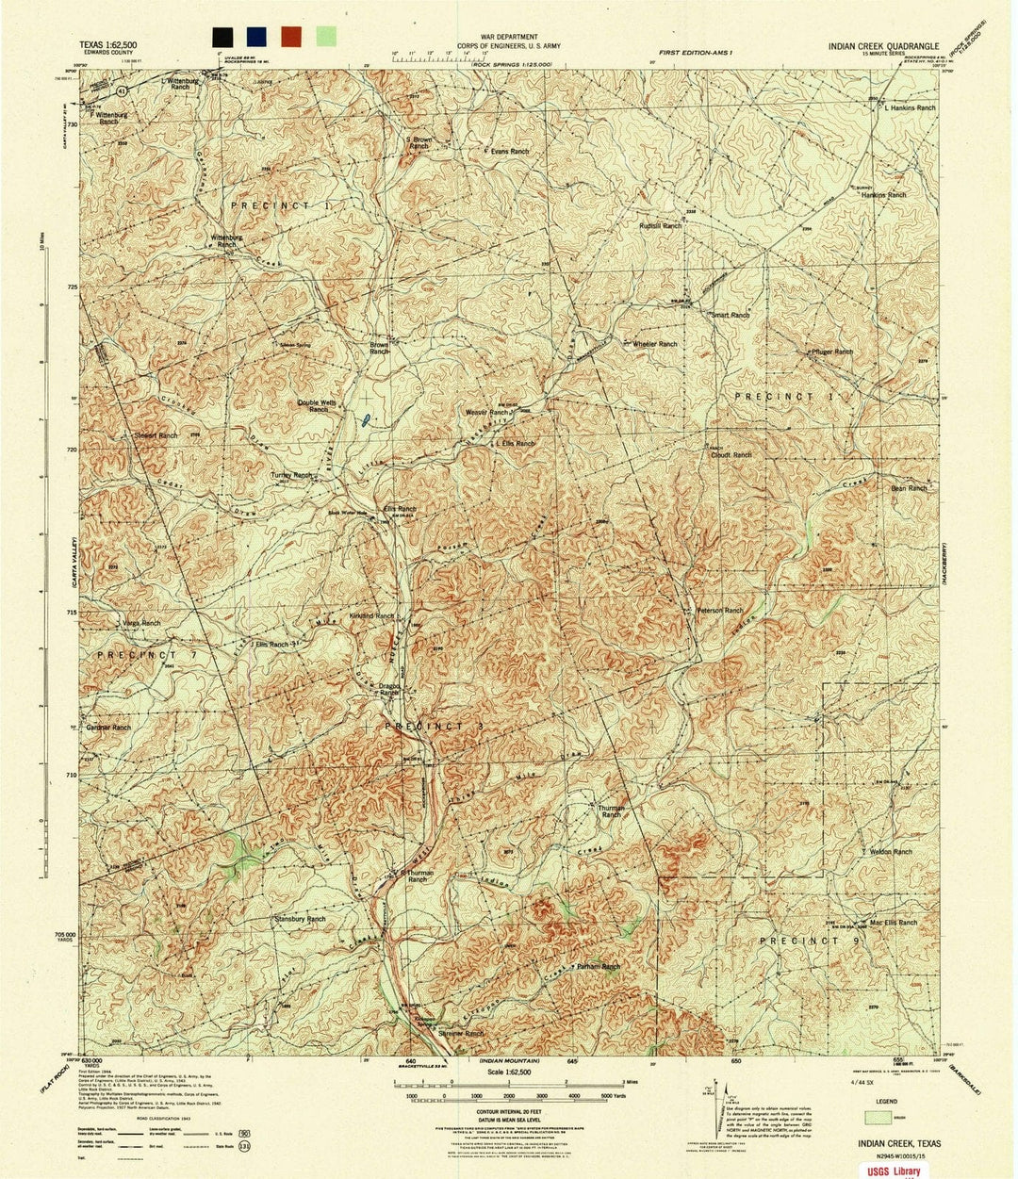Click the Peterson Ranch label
point(720,611)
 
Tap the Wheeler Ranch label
point(654,344)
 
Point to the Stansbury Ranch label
point(299,918)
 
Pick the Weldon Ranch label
point(890,852)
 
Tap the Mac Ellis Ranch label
point(892,923)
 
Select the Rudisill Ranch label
point(660,226)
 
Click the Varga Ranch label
point(141,624)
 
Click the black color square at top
point(223,37)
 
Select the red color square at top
point(291,37)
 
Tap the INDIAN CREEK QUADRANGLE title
point(884,44)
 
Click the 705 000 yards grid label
point(62,933)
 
